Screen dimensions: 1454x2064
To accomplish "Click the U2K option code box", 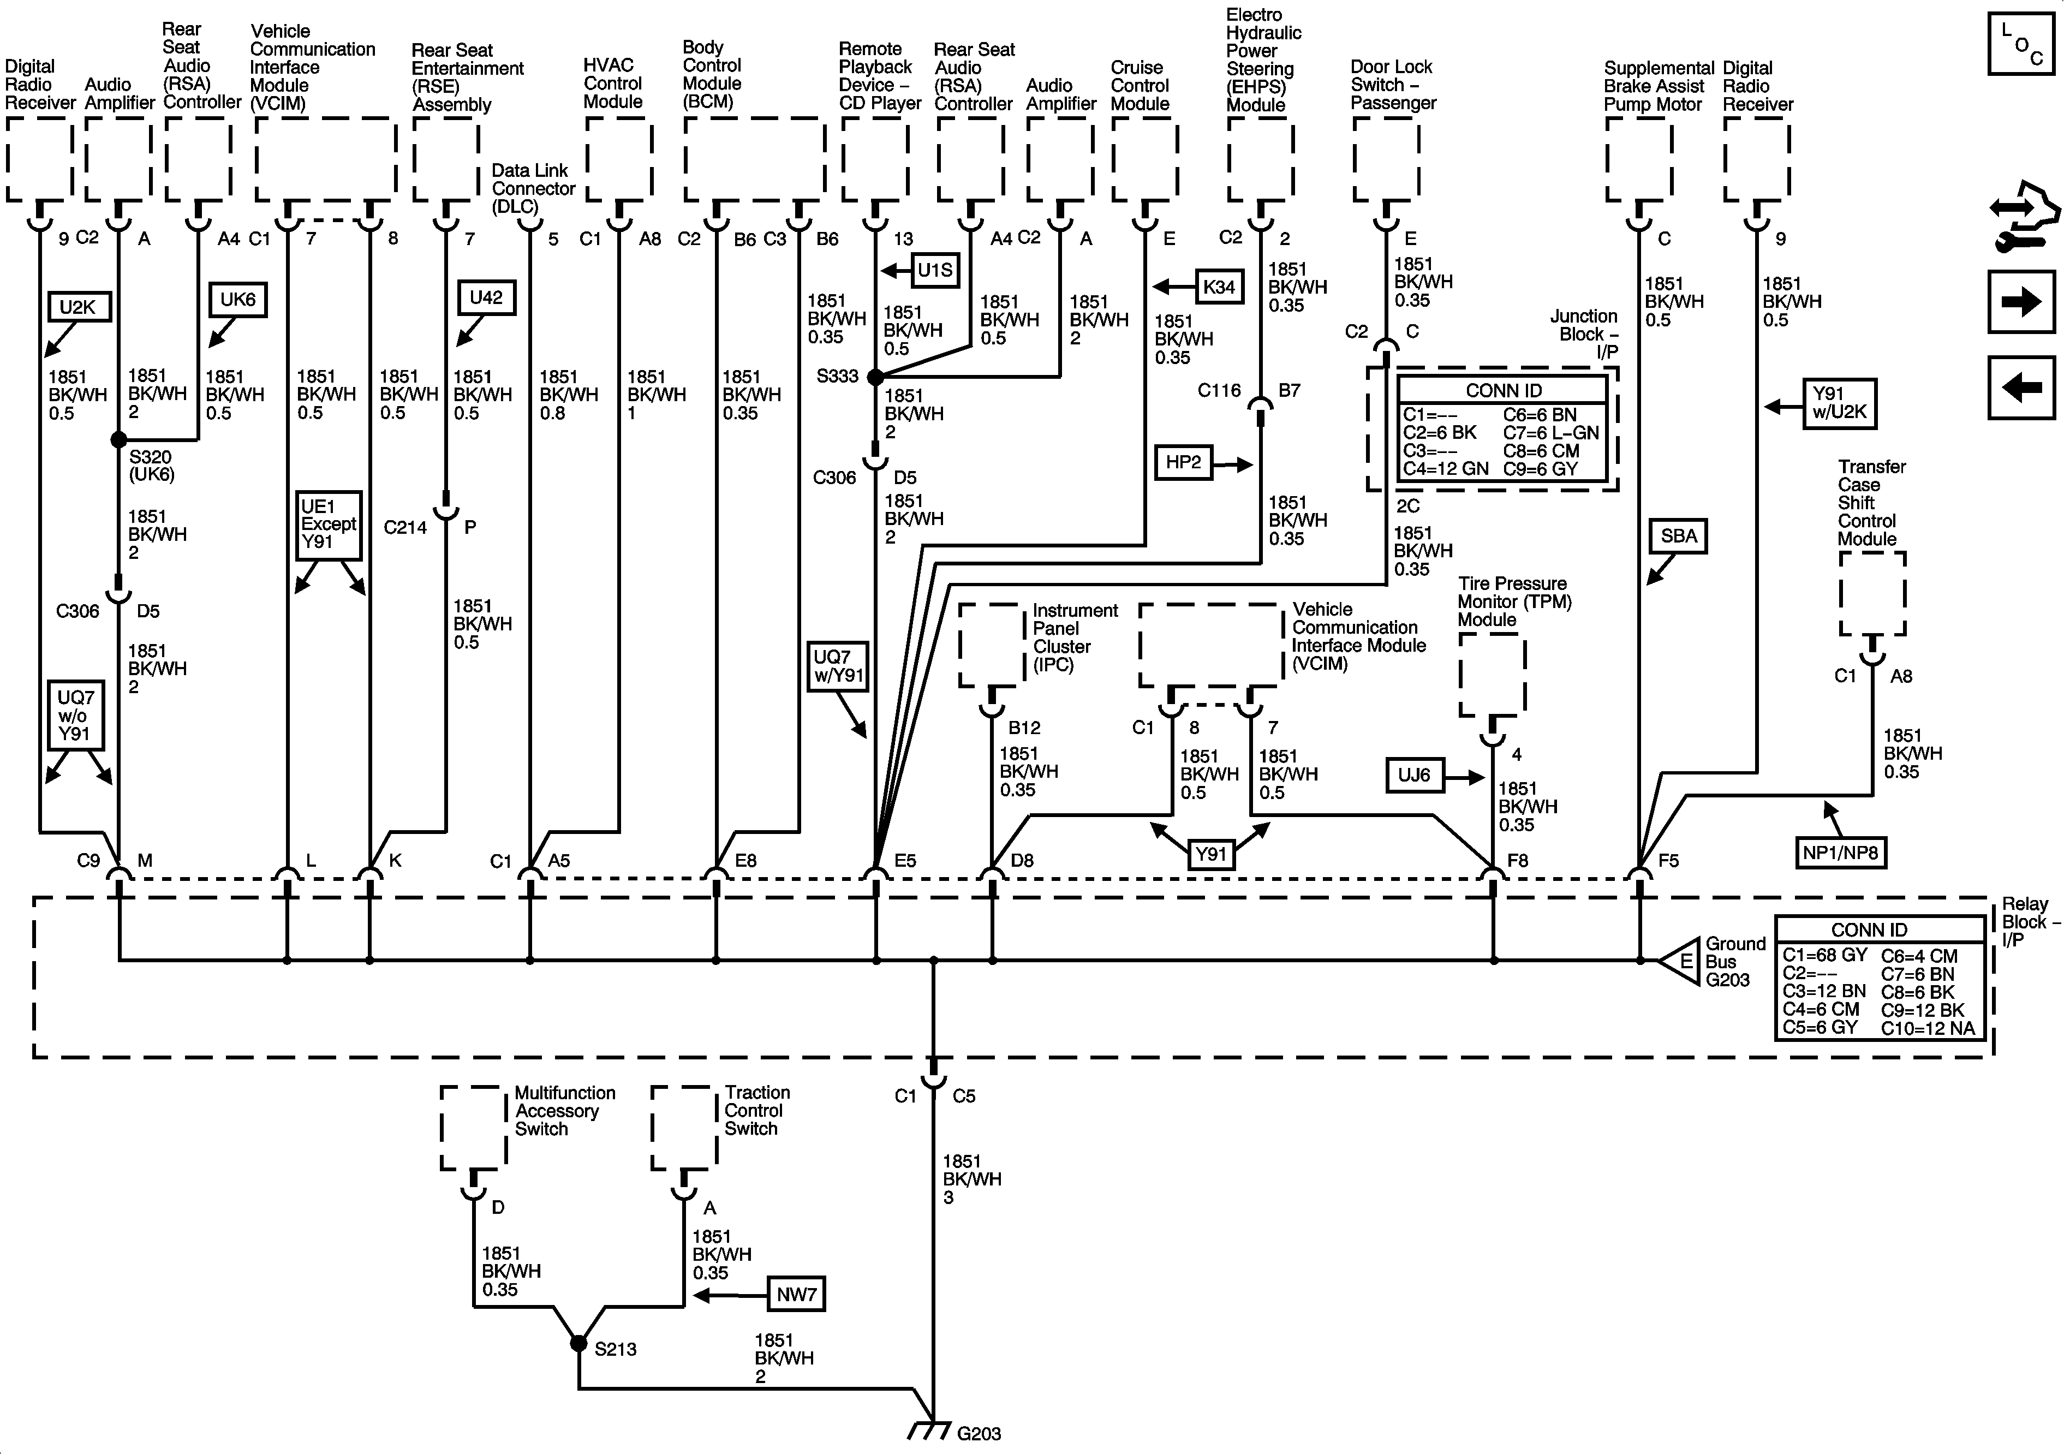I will coord(77,307).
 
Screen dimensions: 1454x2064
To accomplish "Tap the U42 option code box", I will coord(486,297).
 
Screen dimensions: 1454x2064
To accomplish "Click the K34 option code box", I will coord(1219,287).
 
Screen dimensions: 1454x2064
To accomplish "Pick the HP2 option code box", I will coord(1183,462).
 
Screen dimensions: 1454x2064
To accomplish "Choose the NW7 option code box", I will coord(796,1294).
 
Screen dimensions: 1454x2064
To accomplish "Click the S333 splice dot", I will coord(875,377).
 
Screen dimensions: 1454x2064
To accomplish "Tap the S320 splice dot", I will coord(118,440).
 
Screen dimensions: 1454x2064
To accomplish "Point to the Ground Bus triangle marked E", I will coord(1680,961).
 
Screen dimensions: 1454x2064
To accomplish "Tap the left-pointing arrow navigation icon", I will coord(2021,388).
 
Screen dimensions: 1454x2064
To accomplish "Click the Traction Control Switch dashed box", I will coord(685,1129).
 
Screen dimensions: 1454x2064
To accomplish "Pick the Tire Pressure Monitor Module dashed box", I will coord(1492,675).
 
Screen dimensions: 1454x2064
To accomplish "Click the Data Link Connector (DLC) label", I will coord(532,188).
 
